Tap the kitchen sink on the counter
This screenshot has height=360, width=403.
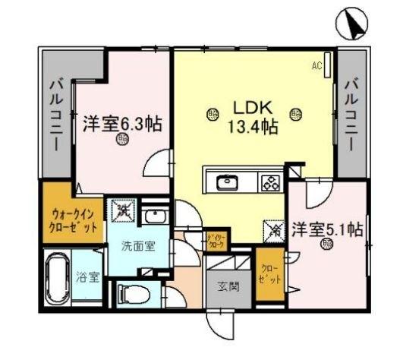point(227,182)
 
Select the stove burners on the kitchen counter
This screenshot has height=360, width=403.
point(270,182)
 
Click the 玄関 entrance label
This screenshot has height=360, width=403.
point(228,286)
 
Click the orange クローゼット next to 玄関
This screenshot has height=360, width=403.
point(270,273)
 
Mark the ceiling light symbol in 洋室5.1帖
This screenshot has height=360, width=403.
point(327,245)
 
